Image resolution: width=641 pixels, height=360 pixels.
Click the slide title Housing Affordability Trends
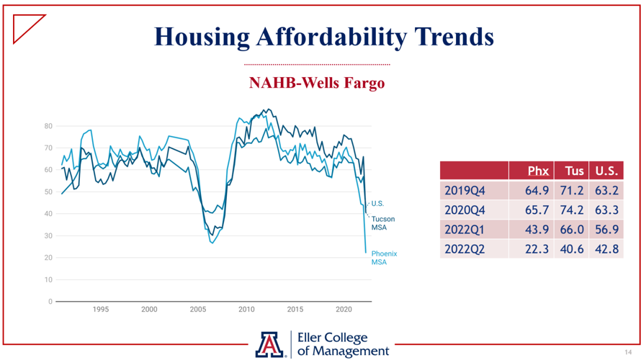(324, 35)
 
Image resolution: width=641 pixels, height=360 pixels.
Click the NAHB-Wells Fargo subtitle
(317, 83)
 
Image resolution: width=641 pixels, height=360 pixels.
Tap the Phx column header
(538, 171)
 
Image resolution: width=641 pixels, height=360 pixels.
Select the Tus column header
(573, 171)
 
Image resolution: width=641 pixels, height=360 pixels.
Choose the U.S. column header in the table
(606, 171)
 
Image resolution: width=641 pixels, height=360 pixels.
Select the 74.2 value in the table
(572, 210)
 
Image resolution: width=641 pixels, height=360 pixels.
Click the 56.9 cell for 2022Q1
(606, 230)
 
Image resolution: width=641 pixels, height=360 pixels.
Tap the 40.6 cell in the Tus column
(572, 248)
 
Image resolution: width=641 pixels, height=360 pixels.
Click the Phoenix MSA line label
(384, 258)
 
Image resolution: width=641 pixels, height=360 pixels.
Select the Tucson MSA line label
(382, 223)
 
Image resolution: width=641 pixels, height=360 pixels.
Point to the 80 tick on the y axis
(48, 126)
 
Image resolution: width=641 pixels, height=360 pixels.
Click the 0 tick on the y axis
(50, 302)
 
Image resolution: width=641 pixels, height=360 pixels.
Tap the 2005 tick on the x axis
(198, 310)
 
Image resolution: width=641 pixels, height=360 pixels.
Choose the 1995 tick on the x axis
(100, 310)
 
